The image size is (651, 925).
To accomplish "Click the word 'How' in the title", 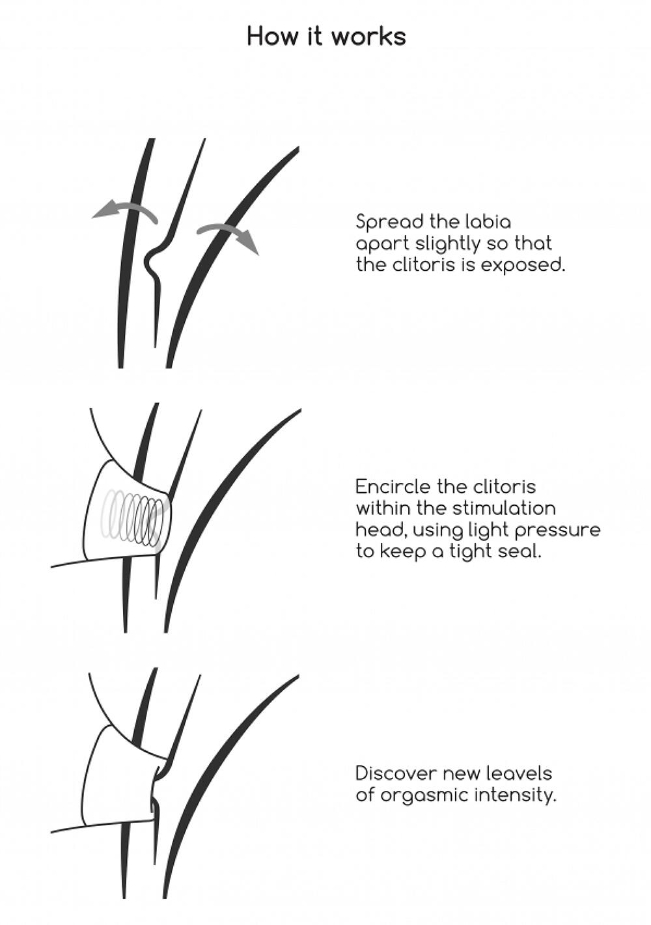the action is tap(272, 36).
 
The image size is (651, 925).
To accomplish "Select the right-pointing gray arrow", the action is tap(228, 238).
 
